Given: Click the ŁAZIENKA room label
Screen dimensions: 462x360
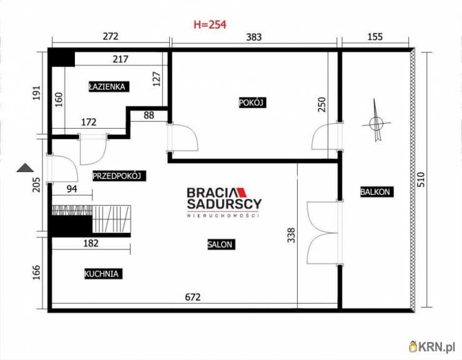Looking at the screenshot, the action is [x=109, y=87].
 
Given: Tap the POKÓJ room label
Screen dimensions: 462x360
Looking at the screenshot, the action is [x=252, y=102].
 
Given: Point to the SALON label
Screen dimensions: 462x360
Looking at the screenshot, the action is [x=221, y=244].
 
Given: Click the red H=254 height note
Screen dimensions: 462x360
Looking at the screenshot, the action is [x=210, y=24].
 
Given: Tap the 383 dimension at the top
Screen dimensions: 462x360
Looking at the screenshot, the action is [x=253, y=37].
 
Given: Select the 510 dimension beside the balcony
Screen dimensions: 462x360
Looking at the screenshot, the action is [x=421, y=180].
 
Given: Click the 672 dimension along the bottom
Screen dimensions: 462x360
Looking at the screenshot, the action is [x=193, y=297].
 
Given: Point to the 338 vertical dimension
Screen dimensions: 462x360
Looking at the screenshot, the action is [x=291, y=235].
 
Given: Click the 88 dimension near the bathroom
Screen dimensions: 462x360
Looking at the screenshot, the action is [x=149, y=115].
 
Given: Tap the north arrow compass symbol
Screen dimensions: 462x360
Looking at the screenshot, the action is [x=376, y=121].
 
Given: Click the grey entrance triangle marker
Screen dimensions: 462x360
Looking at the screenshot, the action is [x=26, y=167].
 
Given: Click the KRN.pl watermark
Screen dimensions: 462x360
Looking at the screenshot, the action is [x=432, y=346].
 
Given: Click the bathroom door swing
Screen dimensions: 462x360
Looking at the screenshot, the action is [x=93, y=149].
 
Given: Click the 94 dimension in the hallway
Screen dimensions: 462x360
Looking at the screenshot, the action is [x=72, y=189].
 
